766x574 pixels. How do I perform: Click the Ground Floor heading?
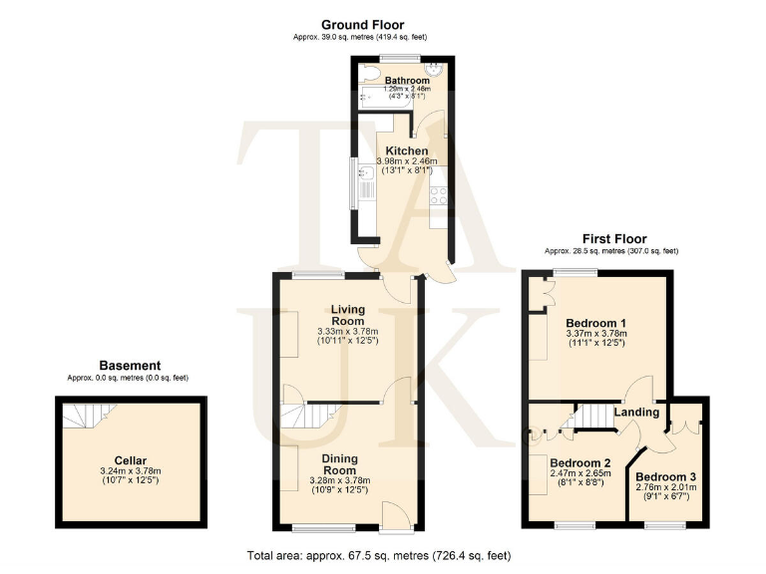(359, 24)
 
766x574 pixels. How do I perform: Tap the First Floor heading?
(614, 239)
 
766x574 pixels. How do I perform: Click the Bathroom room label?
(407, 81)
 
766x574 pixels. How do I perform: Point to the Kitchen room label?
(407, 151)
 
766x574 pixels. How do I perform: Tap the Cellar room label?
(131, 460)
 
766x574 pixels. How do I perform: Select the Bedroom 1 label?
(595, 324)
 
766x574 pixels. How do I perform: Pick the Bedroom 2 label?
(578, 463)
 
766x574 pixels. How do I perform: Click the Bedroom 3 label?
(665, 476)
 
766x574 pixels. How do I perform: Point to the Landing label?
(635, 413)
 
